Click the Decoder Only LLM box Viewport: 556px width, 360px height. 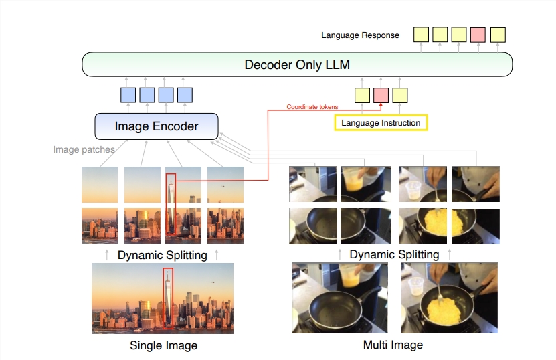click(296, 64)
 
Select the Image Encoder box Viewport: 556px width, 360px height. click(157, 126)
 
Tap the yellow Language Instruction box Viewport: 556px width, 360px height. click(380, 122)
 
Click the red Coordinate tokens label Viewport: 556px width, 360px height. click(312, 106)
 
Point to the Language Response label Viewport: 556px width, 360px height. click(360, 35)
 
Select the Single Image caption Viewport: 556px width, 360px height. click(163, 345)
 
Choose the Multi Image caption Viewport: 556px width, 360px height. click(393, 345)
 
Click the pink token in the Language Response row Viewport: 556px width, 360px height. click(478, 34)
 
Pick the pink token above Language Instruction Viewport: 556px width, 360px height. click(381, 96)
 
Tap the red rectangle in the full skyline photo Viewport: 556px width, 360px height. click(167, 298)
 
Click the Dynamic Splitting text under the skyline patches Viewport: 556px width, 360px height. click(162, 255)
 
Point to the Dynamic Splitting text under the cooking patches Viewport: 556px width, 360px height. click(394, 254)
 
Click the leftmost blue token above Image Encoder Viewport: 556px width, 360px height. click(128, 95)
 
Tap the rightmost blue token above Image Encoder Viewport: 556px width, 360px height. click(185, 95)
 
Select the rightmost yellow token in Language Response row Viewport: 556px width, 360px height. click(498, 34)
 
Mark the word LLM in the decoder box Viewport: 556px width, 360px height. click(335, 64)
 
